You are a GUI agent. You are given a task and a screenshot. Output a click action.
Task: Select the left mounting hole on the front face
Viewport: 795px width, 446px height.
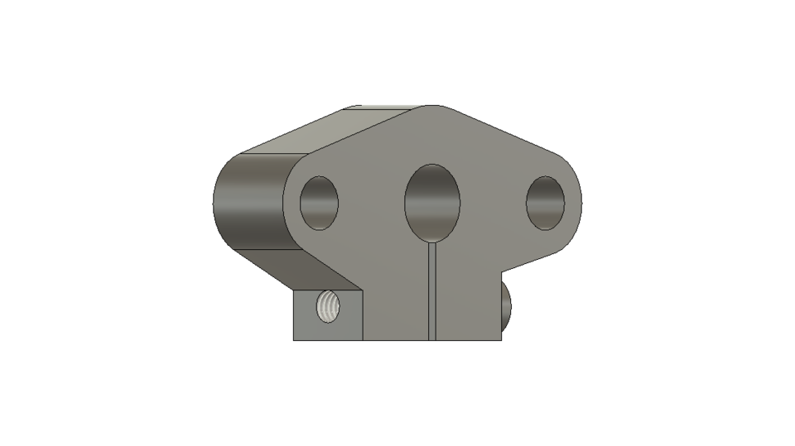coord(319,203)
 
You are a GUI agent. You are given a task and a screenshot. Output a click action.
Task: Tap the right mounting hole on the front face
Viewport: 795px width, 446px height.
coord(546,203)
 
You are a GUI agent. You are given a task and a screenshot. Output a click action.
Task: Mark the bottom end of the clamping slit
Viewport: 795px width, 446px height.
coord(431,339)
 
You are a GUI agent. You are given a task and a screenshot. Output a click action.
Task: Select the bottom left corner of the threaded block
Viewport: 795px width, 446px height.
coord(294,339)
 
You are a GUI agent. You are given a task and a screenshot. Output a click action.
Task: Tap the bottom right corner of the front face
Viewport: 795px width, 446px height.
coord(502,339)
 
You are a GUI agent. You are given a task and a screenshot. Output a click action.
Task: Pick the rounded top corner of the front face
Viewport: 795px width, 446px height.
coord(431,108)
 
